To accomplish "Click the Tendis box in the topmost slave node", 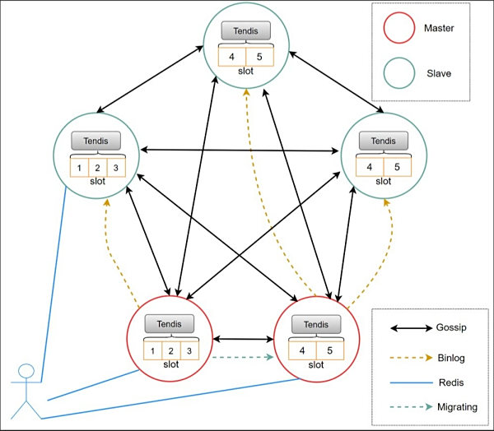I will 245,32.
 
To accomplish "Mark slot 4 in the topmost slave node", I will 232,58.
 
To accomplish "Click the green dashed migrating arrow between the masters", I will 243,357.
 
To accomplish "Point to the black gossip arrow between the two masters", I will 243,337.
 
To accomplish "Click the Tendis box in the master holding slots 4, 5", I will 316,325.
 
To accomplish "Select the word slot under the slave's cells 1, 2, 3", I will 96,181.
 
